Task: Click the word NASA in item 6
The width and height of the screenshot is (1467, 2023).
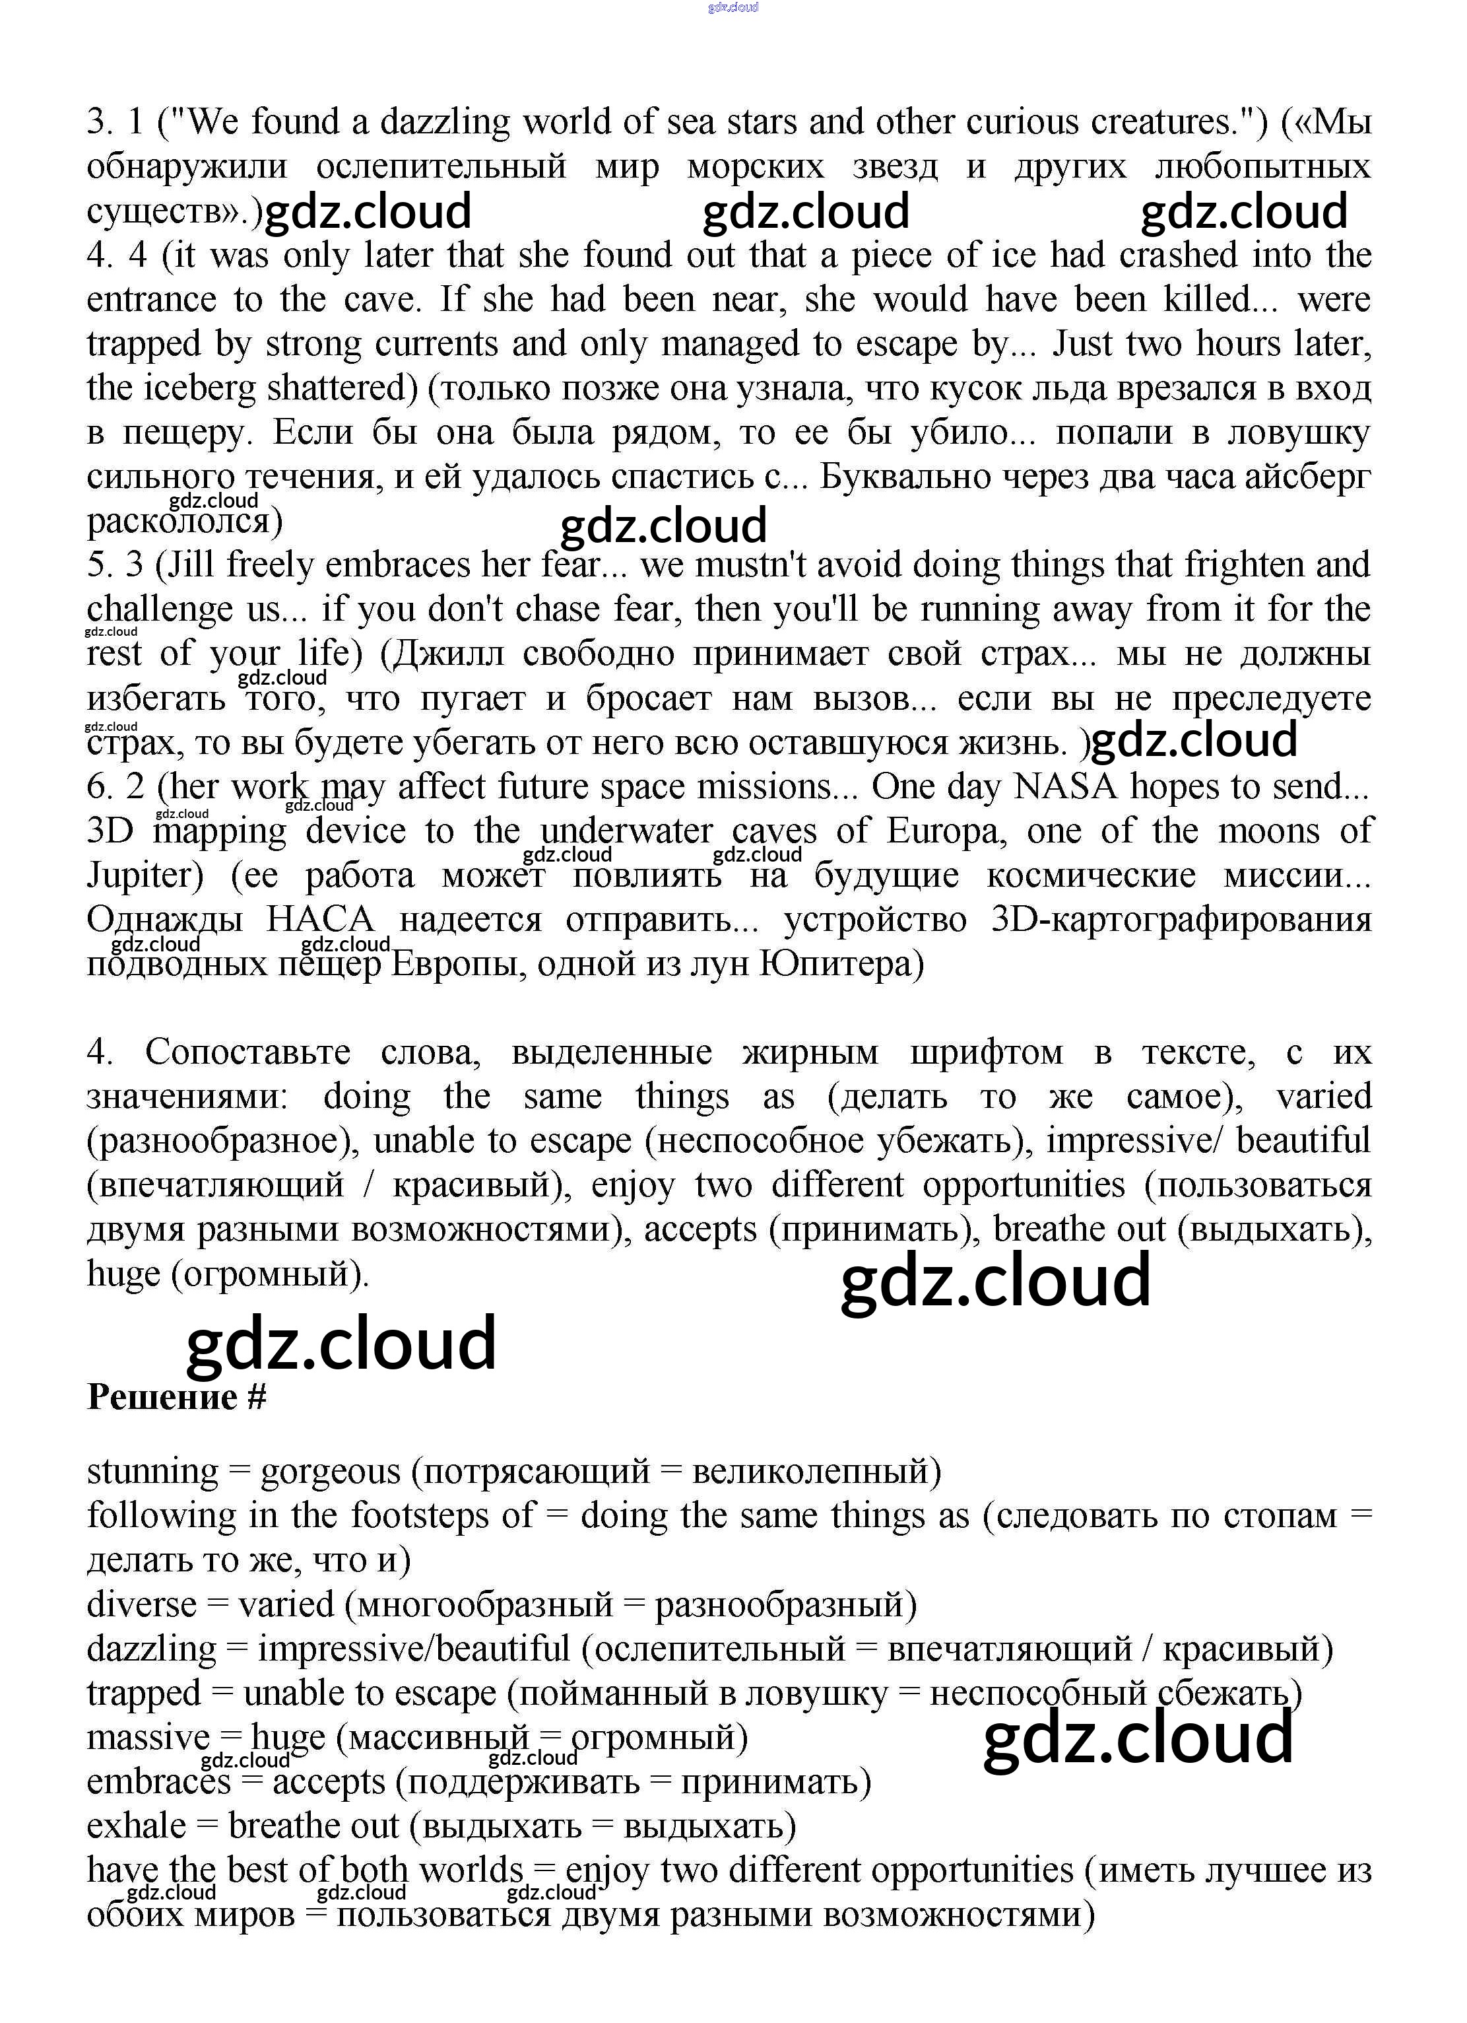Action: (x=1065, y=787)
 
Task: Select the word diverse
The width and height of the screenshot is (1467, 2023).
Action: (x=141, y=1604)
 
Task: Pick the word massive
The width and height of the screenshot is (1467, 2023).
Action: (x=148, y=1736)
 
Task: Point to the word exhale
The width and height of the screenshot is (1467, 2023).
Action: (x=137, y=1825)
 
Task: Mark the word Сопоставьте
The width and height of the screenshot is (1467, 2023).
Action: (x=248, y=1052)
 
